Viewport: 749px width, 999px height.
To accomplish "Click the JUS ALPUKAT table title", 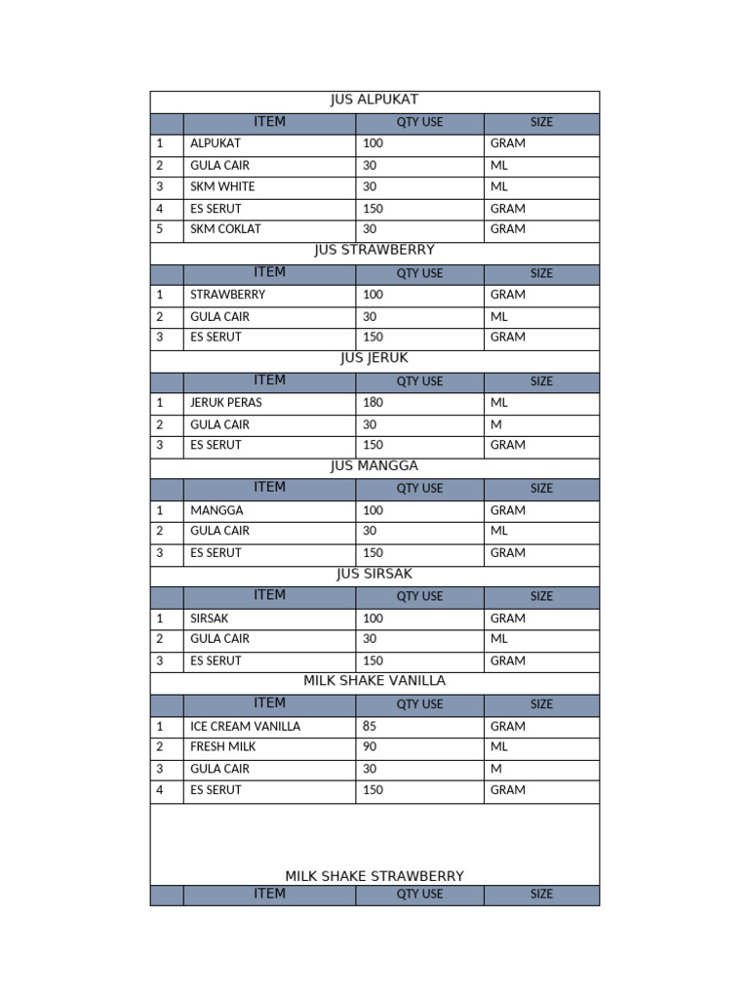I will pyautogui.click(x=374, y=100).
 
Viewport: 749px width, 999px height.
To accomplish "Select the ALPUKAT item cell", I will pyautogui.click(x=216, y=143).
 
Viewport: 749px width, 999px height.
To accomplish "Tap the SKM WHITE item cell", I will pyautogui.click(x=222, y=186).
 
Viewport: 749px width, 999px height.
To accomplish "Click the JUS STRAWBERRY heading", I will pyautogui.click(x=374, y=250).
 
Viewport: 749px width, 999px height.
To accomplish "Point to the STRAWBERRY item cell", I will pyautogui.click(x=228, y=295).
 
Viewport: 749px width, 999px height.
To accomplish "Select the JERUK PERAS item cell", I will pyautogui.click(x=226, y=402).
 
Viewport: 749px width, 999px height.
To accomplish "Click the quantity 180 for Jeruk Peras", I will pyautogui.click(x=373, y=402).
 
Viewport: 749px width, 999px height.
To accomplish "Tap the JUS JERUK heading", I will pyautogui.click(x=374, y=358).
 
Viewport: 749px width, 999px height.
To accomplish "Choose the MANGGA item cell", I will pyautogui.click(x=217, y=510).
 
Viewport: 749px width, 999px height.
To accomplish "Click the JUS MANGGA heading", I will pyautogui.click(x=374, y=466).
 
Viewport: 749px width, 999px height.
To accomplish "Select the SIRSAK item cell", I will pyautogui.click(x=212, y=619).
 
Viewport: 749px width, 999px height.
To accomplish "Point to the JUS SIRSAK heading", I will pyautogui.click(x=374, y=574).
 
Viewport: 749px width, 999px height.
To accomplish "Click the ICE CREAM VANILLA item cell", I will pyautogui.click(x=246, y=727).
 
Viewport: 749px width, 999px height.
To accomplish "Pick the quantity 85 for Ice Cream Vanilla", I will pyautogui.click(x=370, y=727).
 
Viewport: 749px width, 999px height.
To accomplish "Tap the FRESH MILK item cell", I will pyautogui.click(x=223, y=747).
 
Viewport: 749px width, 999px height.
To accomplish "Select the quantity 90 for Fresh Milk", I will pyautogui.click(x=370, y=747).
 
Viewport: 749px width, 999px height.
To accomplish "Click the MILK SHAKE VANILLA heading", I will pyautogui.click(x=374, y=681).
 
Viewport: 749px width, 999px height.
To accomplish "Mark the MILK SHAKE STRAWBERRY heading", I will pyautogui.click(x=374, y=876).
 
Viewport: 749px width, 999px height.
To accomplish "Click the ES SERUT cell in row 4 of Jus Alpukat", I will pyautogui.click(x=216, y=209).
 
